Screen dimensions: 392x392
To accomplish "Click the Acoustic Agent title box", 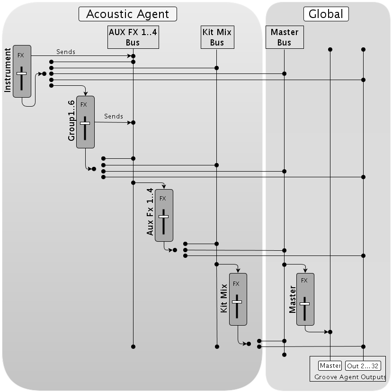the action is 128,14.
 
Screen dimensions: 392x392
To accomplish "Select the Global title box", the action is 326,14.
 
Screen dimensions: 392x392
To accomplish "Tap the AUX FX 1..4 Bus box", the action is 133,37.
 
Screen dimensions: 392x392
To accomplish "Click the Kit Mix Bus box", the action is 217,37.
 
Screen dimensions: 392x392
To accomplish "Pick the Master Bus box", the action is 285,37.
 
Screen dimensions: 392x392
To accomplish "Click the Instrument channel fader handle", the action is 21,73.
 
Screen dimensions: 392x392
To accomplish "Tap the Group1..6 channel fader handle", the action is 85,123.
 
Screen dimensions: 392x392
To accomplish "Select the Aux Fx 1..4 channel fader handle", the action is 163,217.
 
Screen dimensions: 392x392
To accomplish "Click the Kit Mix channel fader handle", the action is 237,302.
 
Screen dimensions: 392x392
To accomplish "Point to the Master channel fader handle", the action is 304,304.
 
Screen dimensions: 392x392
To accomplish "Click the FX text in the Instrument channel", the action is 21,55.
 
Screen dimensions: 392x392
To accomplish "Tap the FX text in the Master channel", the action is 304,281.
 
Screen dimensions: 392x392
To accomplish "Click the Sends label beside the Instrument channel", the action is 66,52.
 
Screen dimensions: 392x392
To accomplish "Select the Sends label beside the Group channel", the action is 114,117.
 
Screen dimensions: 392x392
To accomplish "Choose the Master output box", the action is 330,366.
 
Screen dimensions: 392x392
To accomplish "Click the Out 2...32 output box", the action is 363,366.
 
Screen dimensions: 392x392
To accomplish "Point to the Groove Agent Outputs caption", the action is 350,377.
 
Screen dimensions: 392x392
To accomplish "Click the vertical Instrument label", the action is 8,70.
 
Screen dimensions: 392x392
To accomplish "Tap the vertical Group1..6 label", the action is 71,121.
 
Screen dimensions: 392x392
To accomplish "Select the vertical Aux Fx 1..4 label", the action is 150,212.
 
